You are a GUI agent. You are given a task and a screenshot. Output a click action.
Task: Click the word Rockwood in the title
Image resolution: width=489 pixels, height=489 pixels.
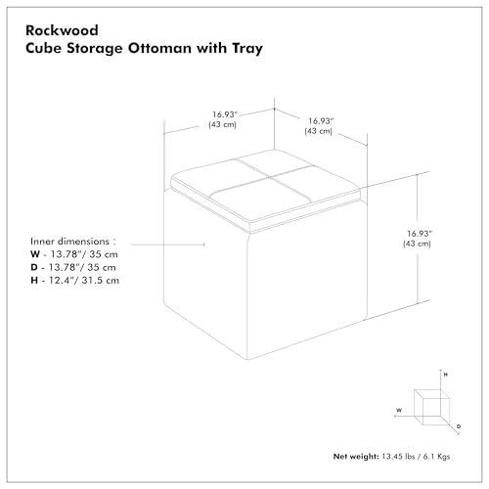click(62, 30)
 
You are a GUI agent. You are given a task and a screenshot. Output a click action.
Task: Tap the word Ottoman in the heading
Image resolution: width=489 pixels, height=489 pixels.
click(159, 48)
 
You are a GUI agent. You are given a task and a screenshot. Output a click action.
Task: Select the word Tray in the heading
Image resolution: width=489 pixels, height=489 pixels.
click(247, 49)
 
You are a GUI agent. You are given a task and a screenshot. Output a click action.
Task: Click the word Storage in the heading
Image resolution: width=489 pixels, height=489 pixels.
click(95, 49)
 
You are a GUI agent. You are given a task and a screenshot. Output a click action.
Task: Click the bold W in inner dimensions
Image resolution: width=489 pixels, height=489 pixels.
click(35, 254)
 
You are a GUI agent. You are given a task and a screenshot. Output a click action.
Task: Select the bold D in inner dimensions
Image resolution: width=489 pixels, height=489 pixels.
click(34, 267)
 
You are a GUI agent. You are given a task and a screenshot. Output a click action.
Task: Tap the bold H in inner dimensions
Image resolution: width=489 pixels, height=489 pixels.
click(34, 281)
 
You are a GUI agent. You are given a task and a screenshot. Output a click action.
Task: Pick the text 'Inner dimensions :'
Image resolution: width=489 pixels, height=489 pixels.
click(73, 242)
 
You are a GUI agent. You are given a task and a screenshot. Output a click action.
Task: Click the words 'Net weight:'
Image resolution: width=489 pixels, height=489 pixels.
click(356, 457)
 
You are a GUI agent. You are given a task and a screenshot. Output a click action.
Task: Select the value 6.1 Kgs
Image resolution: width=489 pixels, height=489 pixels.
click(436, 457)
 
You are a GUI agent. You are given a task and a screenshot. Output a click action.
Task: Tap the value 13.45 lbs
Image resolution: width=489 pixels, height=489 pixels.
click(398, 457)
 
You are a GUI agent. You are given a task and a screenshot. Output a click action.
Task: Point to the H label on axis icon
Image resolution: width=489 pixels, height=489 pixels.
click(446, 375)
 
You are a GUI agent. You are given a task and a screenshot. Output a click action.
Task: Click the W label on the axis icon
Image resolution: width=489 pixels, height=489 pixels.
click(399, 410)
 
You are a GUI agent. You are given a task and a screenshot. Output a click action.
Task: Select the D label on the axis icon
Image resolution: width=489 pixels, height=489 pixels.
click(459, 426)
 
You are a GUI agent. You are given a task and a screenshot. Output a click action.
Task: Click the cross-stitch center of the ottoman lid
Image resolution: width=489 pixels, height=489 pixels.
click(270, 177)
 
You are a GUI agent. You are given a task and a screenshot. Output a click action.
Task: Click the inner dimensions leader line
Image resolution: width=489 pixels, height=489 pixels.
click(167, 244)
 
